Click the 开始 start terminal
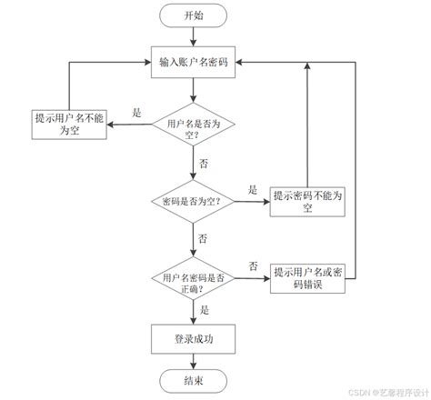coord(194,15)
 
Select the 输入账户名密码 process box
coord(194,61)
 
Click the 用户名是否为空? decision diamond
coord(194,126)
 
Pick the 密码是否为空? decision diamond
coord(194,201)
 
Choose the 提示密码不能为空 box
coord(308,201)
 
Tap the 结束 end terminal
coord(194,379)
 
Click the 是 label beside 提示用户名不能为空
coord(137,112)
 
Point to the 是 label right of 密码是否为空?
coord(254,189)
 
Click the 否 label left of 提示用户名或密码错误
coord(254,265)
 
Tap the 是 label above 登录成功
coord(204,310)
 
